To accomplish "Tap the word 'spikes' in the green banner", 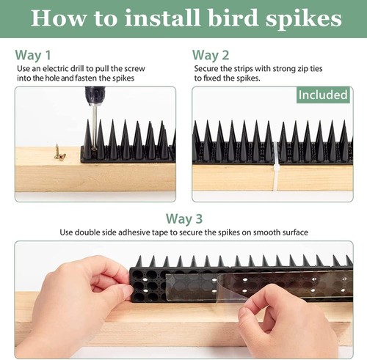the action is click(x=304, y=19).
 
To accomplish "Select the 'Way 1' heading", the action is click(x=33, y=55).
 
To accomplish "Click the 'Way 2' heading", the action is click(x=211, y=55).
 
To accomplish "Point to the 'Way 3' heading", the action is click(x=184, y=218).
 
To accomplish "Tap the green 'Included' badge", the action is click(x=323, y=95).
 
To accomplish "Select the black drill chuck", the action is click(x=95, y=95).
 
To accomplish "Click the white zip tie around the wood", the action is click(x=276, y=166).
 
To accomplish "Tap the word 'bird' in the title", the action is click(x=233, y=18).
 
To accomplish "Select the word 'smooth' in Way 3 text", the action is click(x=266, y=232).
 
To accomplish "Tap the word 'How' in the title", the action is click(x=59, y=18).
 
